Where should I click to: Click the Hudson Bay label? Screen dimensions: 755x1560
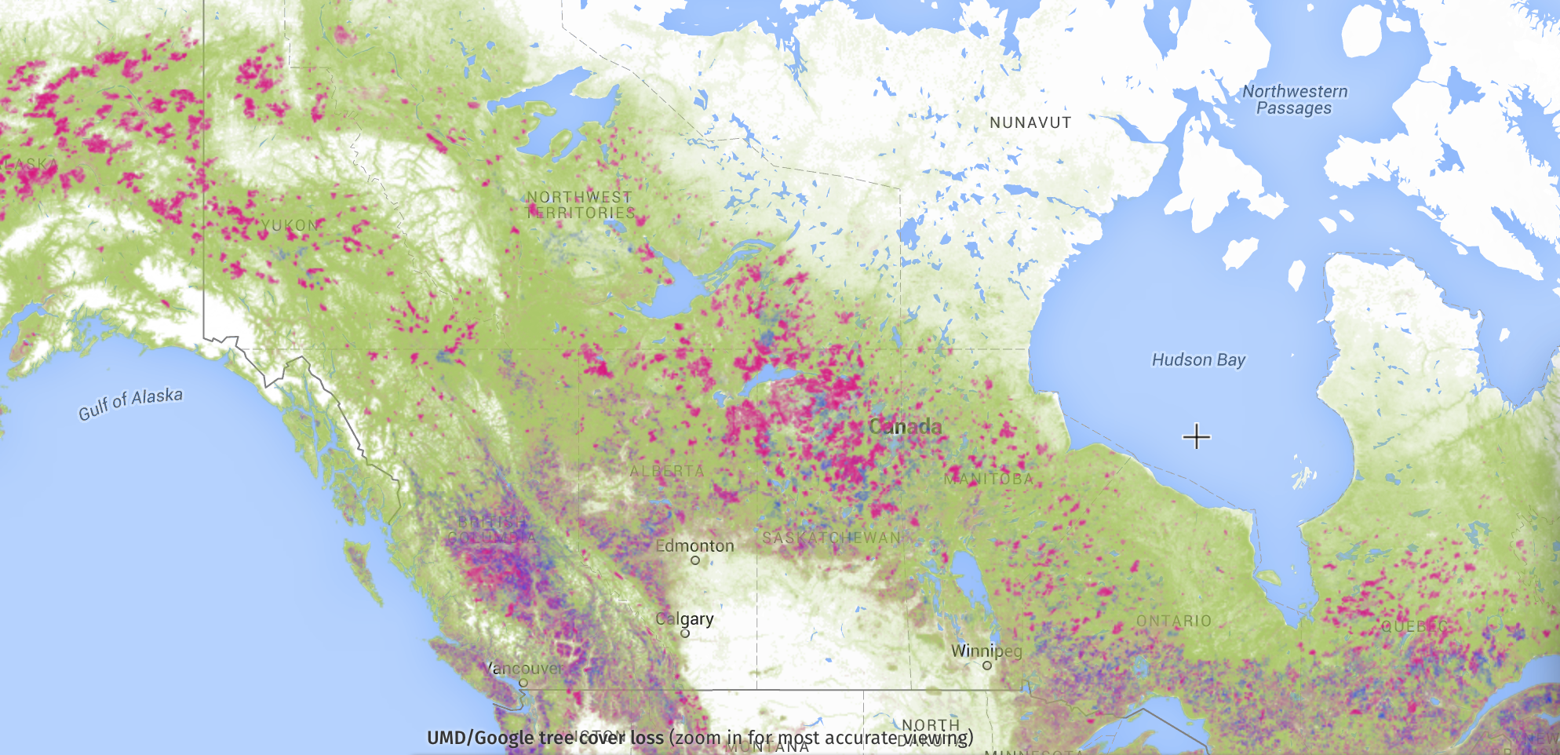(1198, 360)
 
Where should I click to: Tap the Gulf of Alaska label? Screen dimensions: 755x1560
(131, 403)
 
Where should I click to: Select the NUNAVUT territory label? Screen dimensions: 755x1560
(1030, 122)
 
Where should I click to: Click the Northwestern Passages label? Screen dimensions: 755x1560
(1295, 100)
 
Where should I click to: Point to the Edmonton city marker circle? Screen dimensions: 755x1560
(695, 560)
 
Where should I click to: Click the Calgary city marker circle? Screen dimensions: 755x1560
(685, 633)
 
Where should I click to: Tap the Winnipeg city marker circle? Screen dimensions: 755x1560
(987, 666)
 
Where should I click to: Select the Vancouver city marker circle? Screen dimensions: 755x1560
(523, 683)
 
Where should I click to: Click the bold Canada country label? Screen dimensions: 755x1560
(905, 427)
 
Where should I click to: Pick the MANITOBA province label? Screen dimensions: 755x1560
(989, 479)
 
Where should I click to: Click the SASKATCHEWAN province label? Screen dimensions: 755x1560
(832, 538)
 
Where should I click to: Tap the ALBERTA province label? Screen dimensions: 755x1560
(667, 471)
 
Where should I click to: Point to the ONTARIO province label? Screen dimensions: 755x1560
(1174, 621)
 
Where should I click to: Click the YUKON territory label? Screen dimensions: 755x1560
(290, 225)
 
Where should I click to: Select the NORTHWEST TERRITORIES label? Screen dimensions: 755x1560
(580, 205)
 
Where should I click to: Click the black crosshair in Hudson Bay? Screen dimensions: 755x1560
(1196, 436)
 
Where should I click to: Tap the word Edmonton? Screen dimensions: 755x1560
(695, 545)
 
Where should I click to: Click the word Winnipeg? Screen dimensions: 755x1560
(986, 651)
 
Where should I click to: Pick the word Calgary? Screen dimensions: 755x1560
(685, 618)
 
